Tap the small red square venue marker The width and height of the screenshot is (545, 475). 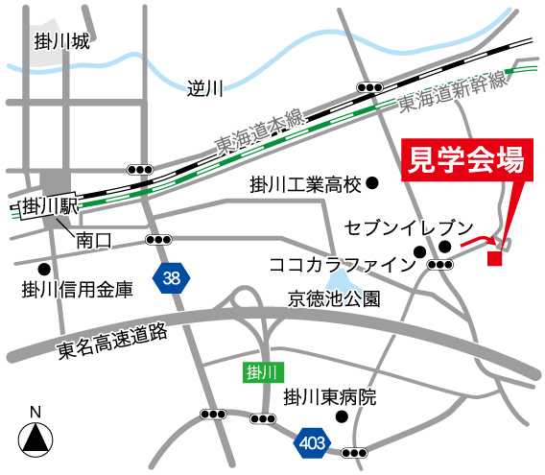[495, 258]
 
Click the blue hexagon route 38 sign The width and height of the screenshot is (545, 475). [172, 279]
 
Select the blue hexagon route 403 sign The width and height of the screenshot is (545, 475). [313, 442]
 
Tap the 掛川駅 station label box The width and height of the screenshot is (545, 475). [47, 205]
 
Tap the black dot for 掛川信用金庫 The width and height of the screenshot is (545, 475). [43, 269]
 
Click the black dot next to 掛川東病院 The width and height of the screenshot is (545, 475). [341, 417]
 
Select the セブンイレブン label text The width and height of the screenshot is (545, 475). [408, 228]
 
